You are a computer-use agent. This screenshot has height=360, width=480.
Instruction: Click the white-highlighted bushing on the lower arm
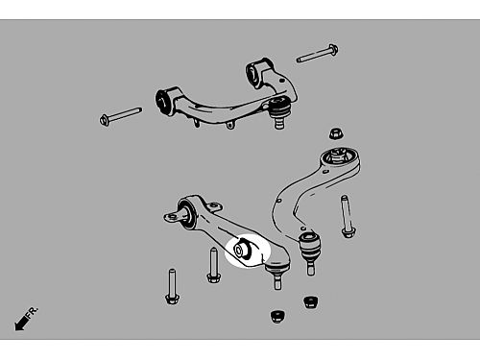(244, 249)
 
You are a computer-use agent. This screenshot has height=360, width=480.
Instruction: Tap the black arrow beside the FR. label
(21, 323)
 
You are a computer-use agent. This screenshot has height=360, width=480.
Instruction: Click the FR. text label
(32, 312)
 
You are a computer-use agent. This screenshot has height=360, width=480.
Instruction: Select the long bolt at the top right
(318, 54)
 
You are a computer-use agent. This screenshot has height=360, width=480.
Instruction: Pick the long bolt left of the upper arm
(121, 115)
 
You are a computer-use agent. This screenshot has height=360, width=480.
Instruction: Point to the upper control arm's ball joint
(278, 111)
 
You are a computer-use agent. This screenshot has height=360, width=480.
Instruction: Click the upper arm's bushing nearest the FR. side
(165, 100)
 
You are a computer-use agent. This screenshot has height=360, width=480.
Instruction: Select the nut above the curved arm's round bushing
(335, 133)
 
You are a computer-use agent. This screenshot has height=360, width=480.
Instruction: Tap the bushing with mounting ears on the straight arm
(187, 213)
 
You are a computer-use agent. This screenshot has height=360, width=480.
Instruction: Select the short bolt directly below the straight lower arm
(213, 265)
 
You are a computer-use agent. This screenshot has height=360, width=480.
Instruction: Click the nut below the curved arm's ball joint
(310, 301)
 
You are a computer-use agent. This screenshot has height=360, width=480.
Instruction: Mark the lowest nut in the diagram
(277, 316)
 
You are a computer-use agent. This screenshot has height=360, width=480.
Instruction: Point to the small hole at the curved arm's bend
(279, 201)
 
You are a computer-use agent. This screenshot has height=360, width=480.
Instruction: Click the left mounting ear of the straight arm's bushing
(171, 217)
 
